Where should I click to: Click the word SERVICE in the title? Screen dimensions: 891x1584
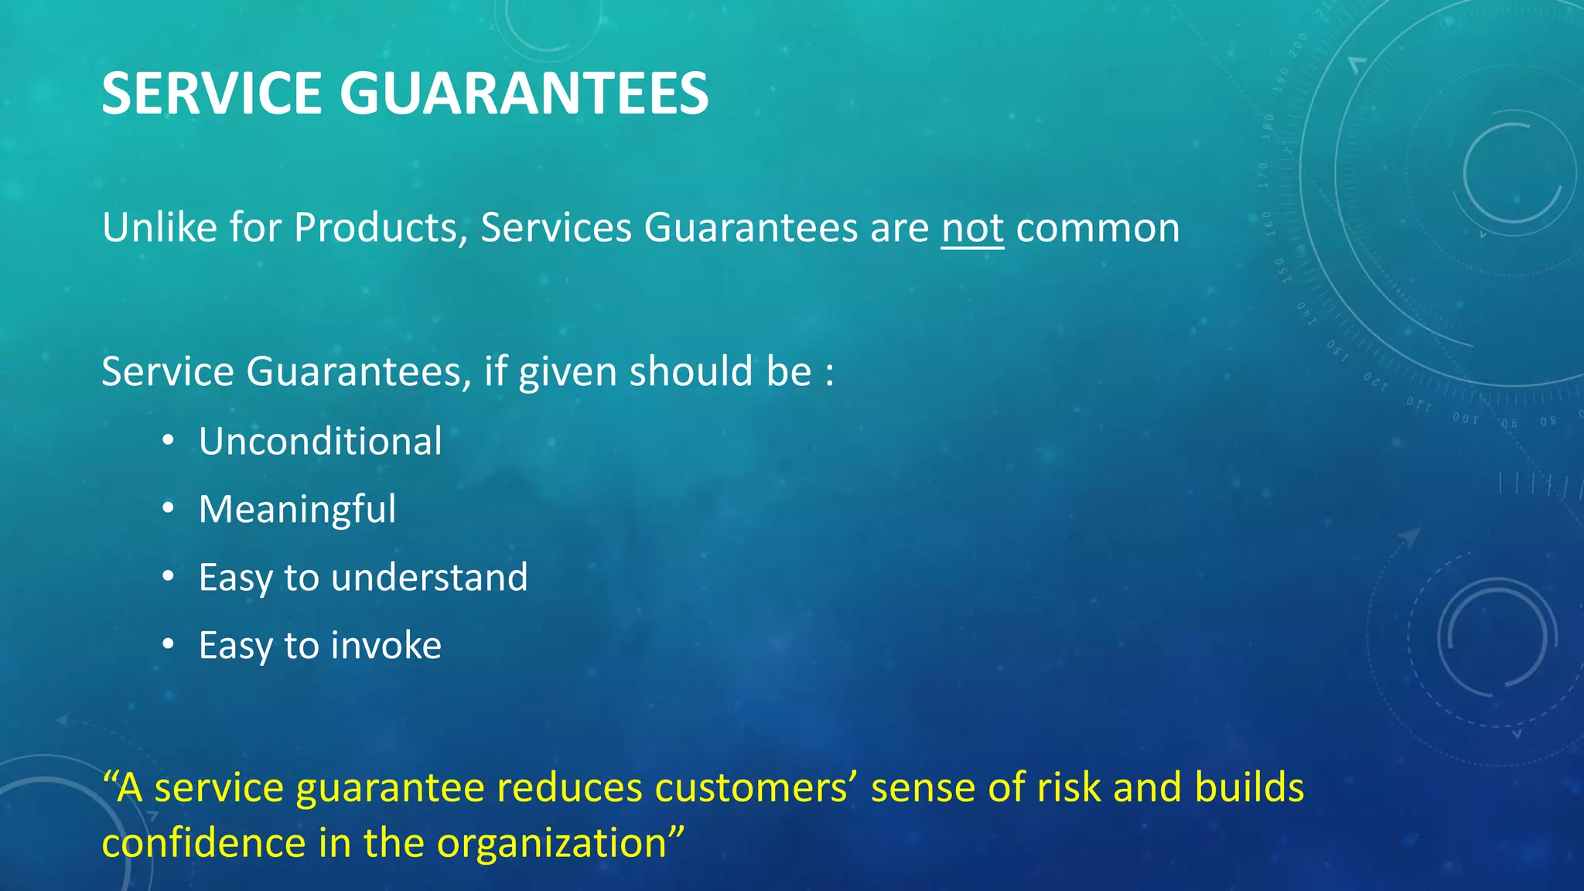211,94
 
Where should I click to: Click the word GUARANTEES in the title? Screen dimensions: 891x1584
524,94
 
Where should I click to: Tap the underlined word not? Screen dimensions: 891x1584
972,228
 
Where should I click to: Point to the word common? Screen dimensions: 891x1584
1098,228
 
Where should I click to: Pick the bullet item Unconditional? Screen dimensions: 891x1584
320,442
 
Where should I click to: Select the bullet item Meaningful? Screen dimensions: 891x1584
297,510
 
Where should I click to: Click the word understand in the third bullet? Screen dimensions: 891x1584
429,578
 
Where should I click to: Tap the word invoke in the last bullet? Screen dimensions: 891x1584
386,646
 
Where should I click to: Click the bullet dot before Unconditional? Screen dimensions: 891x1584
168,442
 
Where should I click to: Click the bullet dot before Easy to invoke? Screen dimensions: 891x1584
168,645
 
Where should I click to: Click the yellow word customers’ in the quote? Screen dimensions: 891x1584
756,788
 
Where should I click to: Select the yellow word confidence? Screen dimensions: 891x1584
203,843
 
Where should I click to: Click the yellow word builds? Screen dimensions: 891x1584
1248,788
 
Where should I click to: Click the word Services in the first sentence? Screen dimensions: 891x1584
556,228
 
